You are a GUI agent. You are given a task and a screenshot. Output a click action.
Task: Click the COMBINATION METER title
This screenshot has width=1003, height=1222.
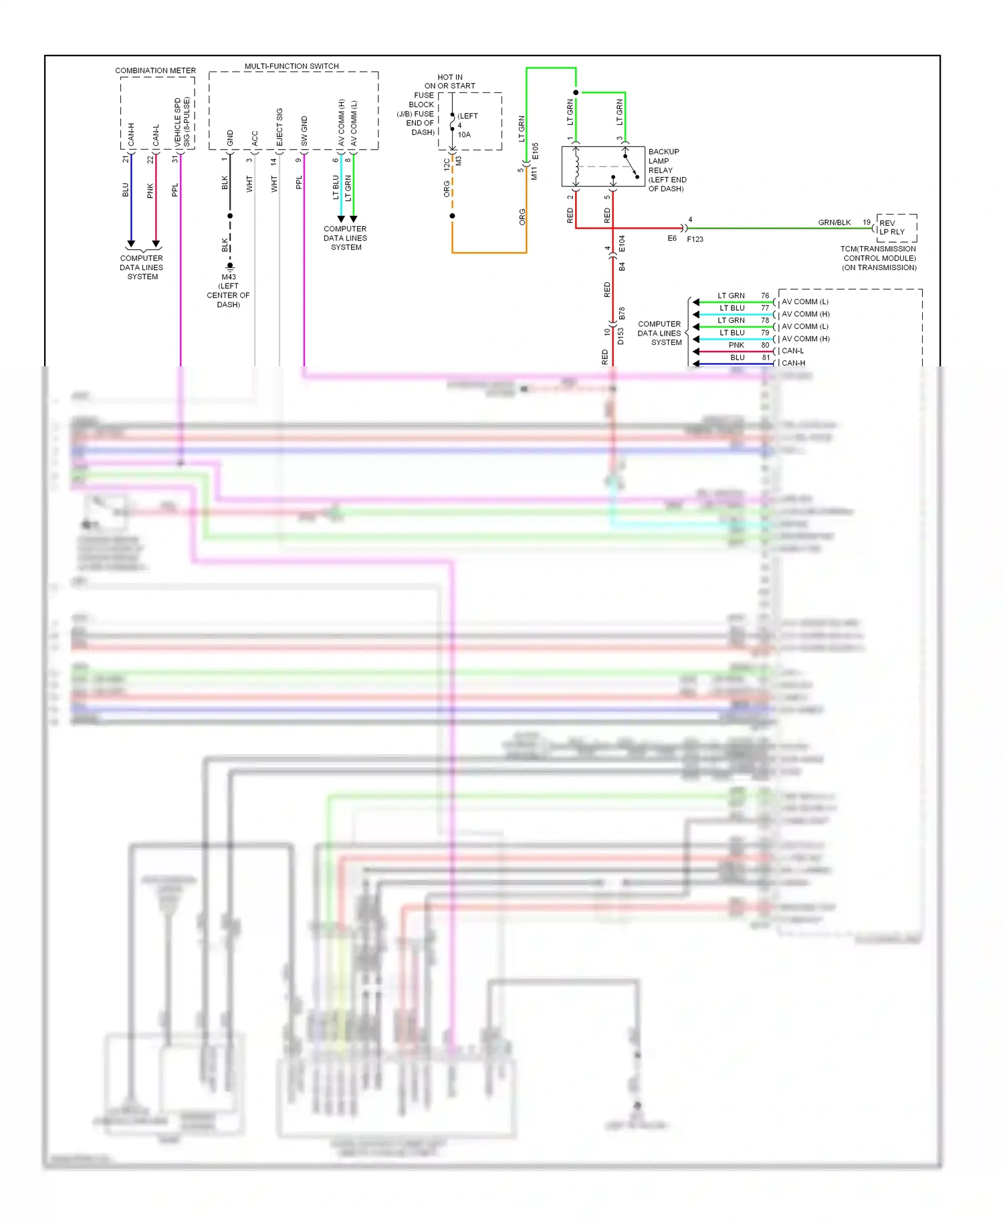pyautogui.click(x=155, y=70)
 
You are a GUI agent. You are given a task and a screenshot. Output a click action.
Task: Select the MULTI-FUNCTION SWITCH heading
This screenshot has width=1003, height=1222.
pyautogui.click(x=292, y=66)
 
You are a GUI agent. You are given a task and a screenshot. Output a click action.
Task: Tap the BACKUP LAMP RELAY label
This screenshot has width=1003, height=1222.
pyautogui.click(x=667, y=170)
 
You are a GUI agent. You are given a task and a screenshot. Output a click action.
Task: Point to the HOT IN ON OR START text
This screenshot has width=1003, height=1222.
pyautogui.click(x=449, y=82)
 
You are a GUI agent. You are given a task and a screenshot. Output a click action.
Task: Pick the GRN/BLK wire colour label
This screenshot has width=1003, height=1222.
pyautogui.click(x=834, y=223)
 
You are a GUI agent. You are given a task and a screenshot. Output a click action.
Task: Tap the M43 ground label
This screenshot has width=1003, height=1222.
pyautogui.click(x=229, y=277)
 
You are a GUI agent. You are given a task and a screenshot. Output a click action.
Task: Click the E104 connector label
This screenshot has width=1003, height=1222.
pyautogui.click(x=622, y=243)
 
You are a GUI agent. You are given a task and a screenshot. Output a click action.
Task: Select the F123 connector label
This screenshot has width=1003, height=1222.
pyautogui.click(x=695, y=239)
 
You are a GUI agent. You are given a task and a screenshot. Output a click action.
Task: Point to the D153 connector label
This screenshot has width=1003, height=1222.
pyautogui.click(x=621, y=336)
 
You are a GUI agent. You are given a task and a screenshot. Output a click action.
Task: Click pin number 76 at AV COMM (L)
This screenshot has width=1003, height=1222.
pyautogui.click(x=765, y=295)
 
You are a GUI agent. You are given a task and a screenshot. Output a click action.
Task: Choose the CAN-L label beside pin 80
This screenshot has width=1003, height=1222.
pyautogui.click(x=793, y=351)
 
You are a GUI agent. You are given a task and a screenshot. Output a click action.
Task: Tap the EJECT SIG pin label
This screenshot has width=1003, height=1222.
pyautogui.click(x=280, y=127)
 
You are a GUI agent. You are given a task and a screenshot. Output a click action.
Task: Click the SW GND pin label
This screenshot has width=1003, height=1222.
pyautogui.click(x=304, y=131)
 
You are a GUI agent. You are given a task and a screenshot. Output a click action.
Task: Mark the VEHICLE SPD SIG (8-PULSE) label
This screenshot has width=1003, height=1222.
pyautogui.click(x=182, y=122)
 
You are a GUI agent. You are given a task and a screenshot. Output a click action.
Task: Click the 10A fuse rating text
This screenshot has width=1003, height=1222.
pyautogui.click(x=464, y=135)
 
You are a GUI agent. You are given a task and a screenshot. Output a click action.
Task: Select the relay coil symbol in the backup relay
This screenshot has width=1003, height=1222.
pyautogui.click(x=576, y=166)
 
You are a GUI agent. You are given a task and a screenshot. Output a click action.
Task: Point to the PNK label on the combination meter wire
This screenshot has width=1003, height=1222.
pyautogui.click(x=150, y=191)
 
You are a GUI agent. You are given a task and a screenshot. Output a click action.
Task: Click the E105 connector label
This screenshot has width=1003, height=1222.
pyautogui.click(x=535, y=152)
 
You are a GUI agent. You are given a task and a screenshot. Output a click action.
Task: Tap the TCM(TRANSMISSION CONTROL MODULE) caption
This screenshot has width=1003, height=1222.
pyautogui.click(x=879, y=258)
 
